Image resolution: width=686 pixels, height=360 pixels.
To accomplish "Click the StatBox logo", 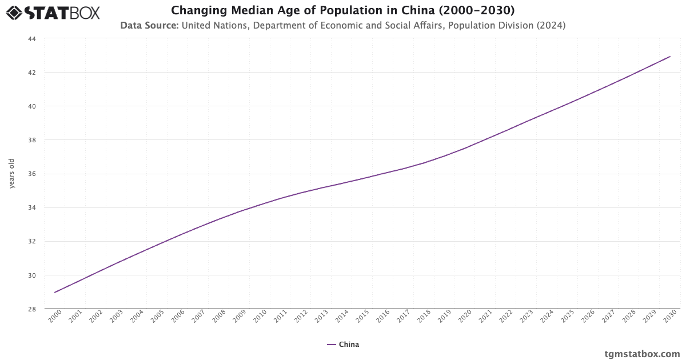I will (x=53, y=13).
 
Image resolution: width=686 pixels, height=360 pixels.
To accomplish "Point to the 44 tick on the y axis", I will (x=31, y=39).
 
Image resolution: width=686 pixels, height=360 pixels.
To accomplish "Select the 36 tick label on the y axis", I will (x=31, y=174).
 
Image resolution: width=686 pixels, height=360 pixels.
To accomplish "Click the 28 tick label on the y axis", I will (x=31, y=309).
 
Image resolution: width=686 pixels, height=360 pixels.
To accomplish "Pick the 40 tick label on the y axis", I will (x=31, y=106).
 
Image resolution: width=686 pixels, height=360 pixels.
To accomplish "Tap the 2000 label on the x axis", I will (x=54, y=317).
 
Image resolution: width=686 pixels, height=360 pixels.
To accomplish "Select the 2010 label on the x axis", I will (x=260, y=317).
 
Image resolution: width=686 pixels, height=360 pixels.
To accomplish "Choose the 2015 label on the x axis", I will (x=362, y=317).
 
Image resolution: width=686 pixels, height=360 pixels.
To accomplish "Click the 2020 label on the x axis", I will (x=465, y=317).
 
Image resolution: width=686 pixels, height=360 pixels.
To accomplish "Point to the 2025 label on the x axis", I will (x=567, y=317).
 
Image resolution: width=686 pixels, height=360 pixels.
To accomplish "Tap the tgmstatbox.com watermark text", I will (x=642, y=354).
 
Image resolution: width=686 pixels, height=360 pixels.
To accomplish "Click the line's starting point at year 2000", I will (x=55, y=292).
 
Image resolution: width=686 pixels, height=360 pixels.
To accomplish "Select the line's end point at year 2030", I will (x=670, y=57).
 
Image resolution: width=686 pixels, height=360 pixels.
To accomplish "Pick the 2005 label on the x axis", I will (x=157, y=317).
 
